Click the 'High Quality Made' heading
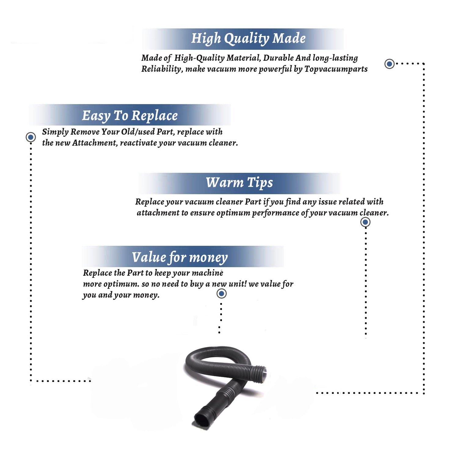coord(248,39)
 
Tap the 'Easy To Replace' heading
coord(130,116)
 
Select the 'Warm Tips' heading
coord(239,183)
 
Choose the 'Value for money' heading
coord(180,257)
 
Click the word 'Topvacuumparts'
coord(336,69)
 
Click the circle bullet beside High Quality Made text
coord(389,64)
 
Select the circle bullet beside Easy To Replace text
coord(31,137)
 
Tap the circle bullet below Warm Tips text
coord(365,222)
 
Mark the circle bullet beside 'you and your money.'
coord(221,294)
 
